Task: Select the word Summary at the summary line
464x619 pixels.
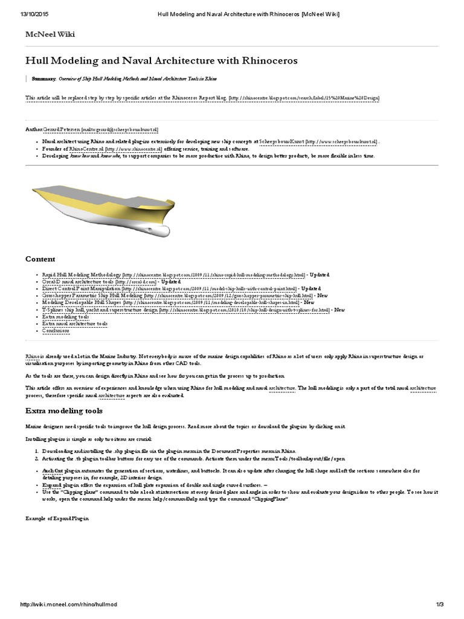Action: click(x=43, y=79)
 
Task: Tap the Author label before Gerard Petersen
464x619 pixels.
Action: click(x=34, y=129)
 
